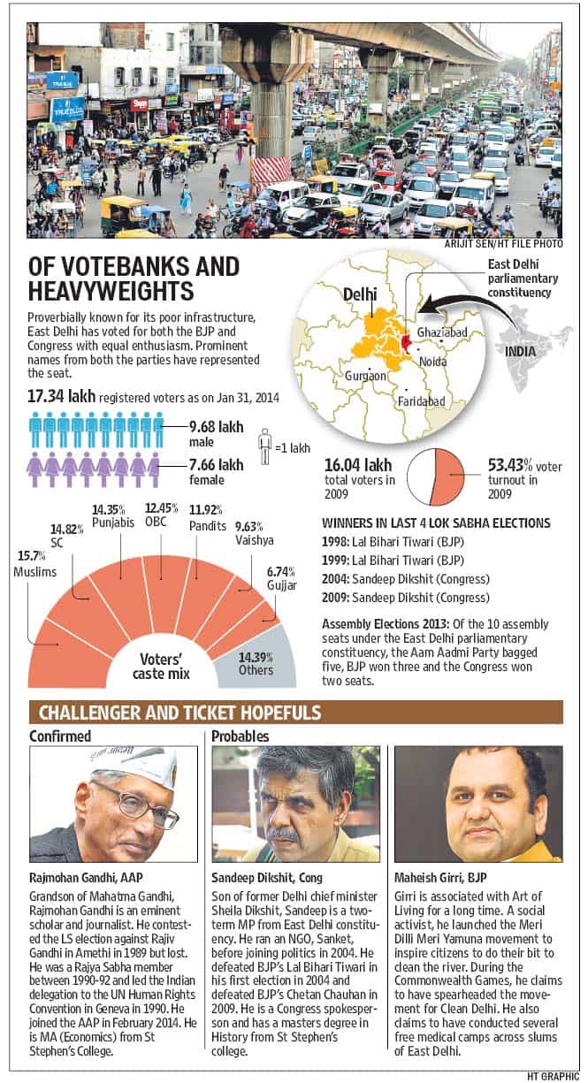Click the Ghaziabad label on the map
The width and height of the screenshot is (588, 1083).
click(x=442, y=332)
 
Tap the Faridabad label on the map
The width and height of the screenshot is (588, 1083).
click(x=421, y=400)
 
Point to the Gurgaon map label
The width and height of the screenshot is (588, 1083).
click(x=365, y=376)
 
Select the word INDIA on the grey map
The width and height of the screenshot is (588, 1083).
click(x=520, y=352)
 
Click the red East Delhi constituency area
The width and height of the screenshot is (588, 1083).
click(x=405, y=343)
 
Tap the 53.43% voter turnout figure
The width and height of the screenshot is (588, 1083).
click(x=506, y=466)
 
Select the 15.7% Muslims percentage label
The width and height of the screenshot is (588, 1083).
click(x=32, y=556)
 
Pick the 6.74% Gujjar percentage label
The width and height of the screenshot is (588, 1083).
click(x=281, y=571)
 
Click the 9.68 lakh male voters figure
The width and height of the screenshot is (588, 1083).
click(x=216, y=427)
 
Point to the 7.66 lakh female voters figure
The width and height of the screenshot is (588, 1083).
click(x=216, y=465)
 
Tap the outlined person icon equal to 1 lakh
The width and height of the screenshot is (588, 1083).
click(x=264, y=446)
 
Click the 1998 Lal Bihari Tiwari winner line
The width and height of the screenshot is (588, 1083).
click(x=393, y=541)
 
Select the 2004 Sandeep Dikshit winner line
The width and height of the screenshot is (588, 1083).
click(x=406, y=579)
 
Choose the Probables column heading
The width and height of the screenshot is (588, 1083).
click(x=240, y=736)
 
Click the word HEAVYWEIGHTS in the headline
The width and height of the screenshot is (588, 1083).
click(x=111, y=291)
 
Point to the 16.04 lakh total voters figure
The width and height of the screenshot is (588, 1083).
click(x=358, y=465)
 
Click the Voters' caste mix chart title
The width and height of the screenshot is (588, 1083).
click(x=161, y=667)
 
